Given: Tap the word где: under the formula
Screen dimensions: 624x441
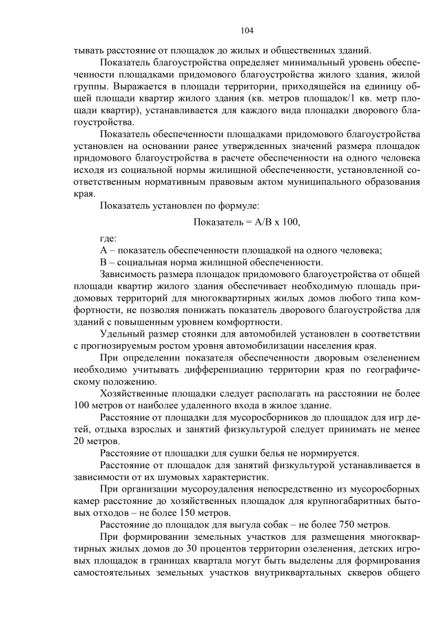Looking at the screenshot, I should [x=108, y=238].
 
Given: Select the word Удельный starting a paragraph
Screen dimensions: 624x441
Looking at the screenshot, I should [x=123, y=334].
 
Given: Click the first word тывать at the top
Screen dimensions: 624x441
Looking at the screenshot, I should [x=90, y=50].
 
